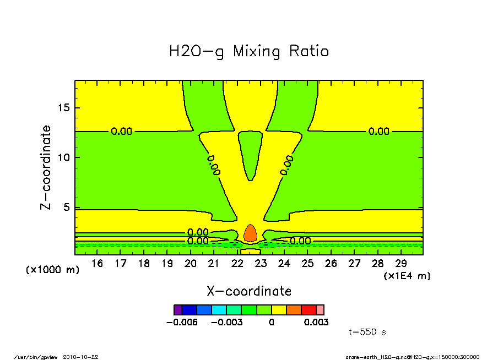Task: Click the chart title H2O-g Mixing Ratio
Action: (x=249, y=52)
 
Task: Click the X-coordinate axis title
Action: (x=249, y=291)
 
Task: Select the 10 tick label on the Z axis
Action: (x=64, y=157)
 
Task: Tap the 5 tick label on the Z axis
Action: (x=67, y=208)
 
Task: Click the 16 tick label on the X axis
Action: (x=97, y=264)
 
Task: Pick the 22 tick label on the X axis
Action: (x=237, y=264)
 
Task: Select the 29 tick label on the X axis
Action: (x=401, y=264)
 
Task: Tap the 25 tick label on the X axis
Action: (x=307, y=264)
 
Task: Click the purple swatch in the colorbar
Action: (x=177, y=309)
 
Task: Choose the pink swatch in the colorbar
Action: (x=320, y=309)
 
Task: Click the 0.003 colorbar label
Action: (x=316, y=322)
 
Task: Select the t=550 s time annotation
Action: (x=368, y=332)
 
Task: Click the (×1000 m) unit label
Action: (x=53, y=270)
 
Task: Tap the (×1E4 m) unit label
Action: (x=407, y=276)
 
